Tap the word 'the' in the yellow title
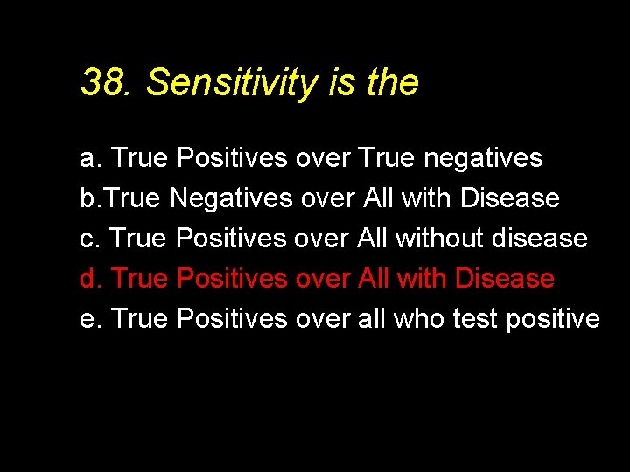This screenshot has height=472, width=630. pos(393,83)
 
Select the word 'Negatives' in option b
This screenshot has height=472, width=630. pos(231,198)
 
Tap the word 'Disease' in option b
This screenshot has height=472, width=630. pos(509,198)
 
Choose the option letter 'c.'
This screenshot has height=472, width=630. pos(90,239)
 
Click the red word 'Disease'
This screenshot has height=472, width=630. pos(505,279)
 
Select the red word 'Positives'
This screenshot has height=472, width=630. pos(232,279)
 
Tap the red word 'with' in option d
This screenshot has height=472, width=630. pos(423,279)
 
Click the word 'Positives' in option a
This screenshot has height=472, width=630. pos(232,159)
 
